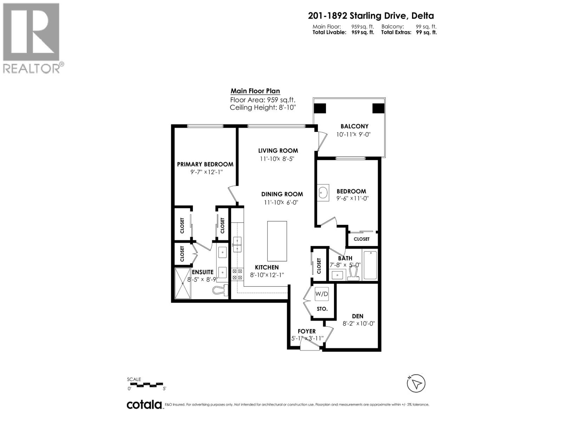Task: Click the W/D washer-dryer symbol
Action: click(x=321, y=294)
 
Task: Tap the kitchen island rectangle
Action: click(x=277, y=241)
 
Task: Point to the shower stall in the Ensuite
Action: click(x=183, y=283)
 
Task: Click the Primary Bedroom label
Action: click(x=205, y=164)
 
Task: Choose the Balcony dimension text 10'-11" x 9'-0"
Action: click(x=353, y=134)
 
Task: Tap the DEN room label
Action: click(x=358, y=316)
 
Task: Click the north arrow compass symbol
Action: click(x=416, y=383)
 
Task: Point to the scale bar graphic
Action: click(x=146, y=385)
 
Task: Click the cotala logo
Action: click(x=144, y=404)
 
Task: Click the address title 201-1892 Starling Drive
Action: click(x=371, y=16)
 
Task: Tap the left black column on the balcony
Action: click(x=320, y=108)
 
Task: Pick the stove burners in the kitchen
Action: click(x=237, y=274)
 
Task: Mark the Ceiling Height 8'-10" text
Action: click(x=263, y=107)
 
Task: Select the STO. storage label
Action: click(x=322, y=309)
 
